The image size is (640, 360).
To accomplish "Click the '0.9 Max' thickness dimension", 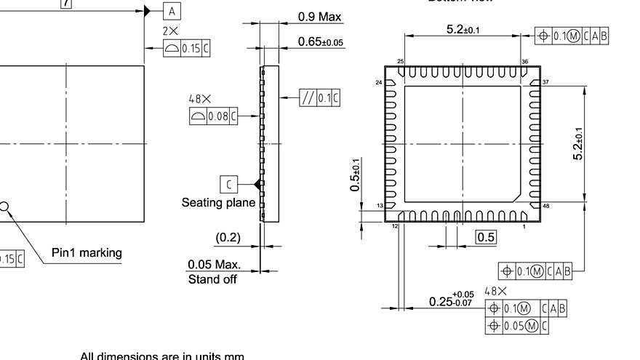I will [x=319, y=17].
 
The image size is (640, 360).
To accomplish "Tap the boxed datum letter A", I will [x=172, y=11].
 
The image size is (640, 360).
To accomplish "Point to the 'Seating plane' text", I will [x=218, y=203].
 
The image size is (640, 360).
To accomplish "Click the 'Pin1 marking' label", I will [x=87, y=253].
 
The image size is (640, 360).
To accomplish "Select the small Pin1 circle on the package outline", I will [x=4, y=207].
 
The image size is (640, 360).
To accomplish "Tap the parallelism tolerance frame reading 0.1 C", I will [x=319, y=98].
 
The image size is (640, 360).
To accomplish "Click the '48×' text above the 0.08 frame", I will [x=199, y=98].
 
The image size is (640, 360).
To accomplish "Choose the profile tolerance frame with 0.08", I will [x=213, y=116].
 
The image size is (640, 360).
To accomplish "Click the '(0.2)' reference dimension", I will [x=228, y=237].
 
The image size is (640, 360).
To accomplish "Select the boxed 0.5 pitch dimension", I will [x=486, y=237].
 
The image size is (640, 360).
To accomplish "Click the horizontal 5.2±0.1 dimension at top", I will [x=463, y=30].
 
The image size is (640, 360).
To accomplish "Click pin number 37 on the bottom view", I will [x=545, y=82].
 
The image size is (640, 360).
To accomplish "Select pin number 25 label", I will [x=400, y=62].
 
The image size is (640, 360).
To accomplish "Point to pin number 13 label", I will [x=379, y=207].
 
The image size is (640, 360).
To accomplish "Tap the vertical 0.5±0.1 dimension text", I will [x=354, y=175].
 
